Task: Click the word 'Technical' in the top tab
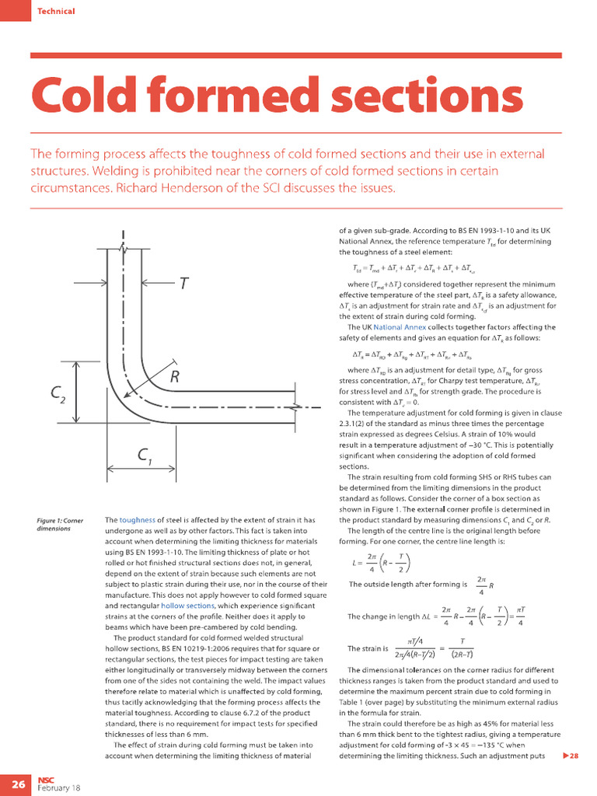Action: (x=57, y=11)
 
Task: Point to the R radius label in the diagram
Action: (x=176, y=379)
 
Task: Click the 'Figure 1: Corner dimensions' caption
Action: (x=60, y=524)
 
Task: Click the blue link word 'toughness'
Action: (x=137, y=519)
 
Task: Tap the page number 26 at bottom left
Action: (x=17, y=784)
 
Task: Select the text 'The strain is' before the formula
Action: (x=368, y=648)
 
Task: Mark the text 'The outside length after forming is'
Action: (x=407, y=584)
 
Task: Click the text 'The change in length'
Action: (x=382, y=616)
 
